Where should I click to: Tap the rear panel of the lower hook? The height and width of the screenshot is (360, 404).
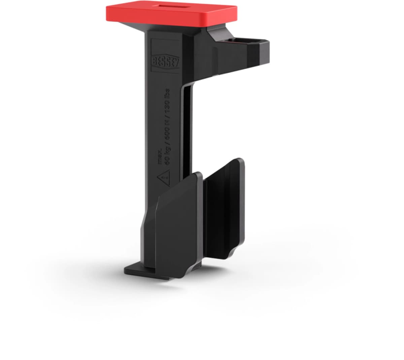coord(224,202)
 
